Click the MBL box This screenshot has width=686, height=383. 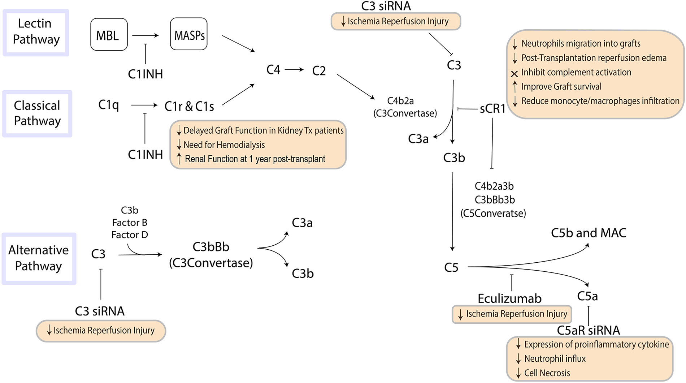coord(109,35)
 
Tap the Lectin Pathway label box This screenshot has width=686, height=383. coord(36,32)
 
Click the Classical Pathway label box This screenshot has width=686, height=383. coord(37,113)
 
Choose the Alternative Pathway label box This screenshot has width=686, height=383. coord(39,258)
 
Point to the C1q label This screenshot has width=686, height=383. coord(108,105)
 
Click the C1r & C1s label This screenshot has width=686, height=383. coord(189,106)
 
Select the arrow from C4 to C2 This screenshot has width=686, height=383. coord(294,69)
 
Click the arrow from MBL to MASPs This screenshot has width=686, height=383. coord(146,35)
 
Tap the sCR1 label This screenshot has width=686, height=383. coord(492,108)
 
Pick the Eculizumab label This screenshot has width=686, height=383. coord(509,298)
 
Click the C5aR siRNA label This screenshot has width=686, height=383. coord(588,330)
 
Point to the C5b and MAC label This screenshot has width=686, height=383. coord(589,233)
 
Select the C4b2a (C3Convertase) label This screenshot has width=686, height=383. coord(405,107)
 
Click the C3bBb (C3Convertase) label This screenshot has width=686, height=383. coord(211,255)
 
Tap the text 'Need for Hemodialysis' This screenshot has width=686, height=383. coord(224,145)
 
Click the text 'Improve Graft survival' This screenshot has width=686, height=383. coord(561,87)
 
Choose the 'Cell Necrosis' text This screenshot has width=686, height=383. coord(547,373)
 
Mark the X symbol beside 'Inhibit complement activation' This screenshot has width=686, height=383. coord(514,74)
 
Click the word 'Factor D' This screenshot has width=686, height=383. coord(130,235)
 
